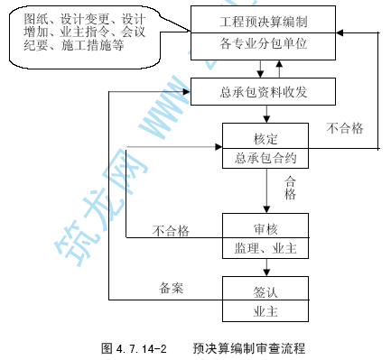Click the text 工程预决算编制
264,22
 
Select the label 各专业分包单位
264,43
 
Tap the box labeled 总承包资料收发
263,91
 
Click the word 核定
265,139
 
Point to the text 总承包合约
265,158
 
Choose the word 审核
265,229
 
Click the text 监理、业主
265,248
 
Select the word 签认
265,292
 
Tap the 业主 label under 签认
265,311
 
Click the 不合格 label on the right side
345,128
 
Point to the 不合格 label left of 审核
171,231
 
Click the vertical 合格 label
290,188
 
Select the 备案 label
172,288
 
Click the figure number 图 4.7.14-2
134,348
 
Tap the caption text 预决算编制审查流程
249,348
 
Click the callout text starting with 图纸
85,32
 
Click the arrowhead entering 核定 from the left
219,147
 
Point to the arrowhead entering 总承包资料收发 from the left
187,91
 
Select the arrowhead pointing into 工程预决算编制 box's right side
340,32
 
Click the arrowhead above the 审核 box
266,209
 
